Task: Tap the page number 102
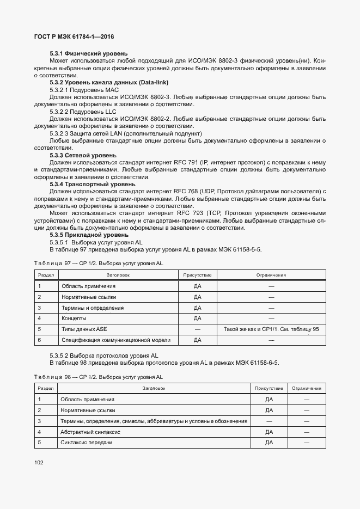39,463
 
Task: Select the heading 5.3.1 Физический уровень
89,53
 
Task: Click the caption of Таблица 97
99,263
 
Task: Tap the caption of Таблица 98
99,377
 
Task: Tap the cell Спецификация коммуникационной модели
116,340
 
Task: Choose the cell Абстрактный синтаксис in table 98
91,432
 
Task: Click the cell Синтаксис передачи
87,443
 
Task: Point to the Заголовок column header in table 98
154,389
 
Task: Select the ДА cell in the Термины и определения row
198,308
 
